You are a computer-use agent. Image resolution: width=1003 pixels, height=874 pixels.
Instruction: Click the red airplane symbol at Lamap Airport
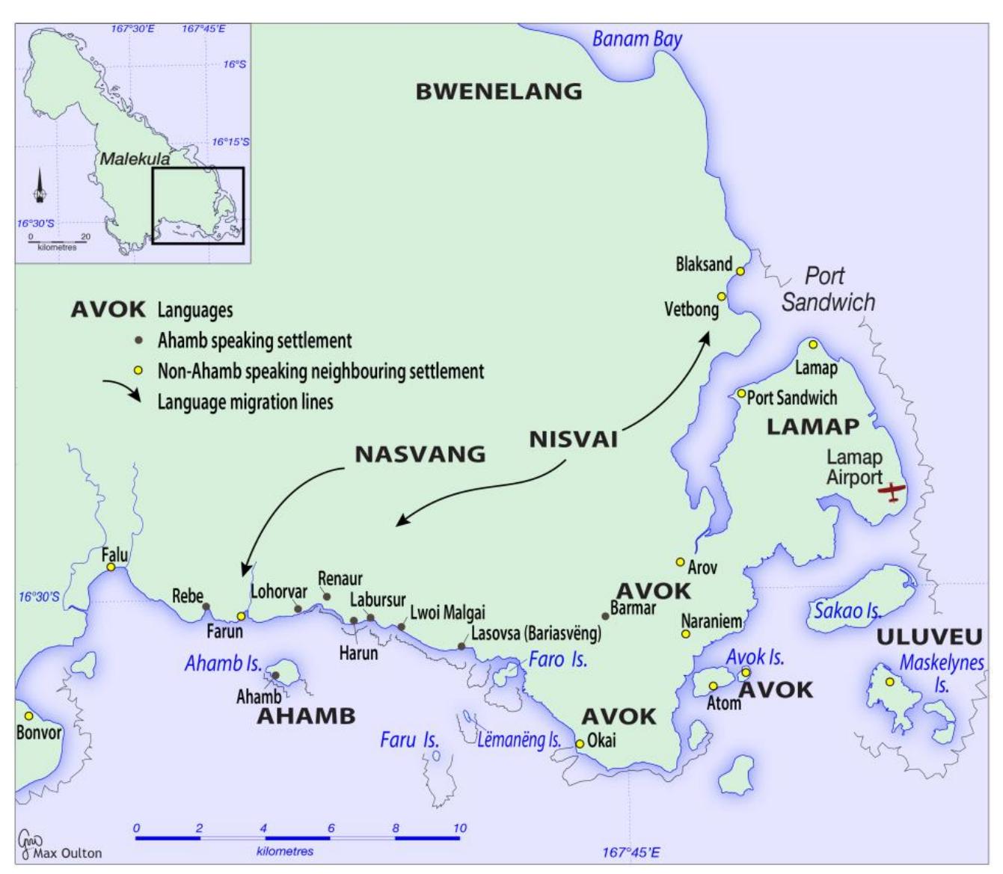pyautogui.click(x=892, y=491)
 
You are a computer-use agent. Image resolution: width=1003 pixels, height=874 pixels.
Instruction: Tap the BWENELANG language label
pyautogui.click(x=498, y=91)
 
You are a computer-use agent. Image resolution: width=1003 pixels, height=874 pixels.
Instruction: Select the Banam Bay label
pyautogui.click(x=637, y=39)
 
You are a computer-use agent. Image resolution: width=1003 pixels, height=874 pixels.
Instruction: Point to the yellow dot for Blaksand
pyautogui.click(x=740, y=271)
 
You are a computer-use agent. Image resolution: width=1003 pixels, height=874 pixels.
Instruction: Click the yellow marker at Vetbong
pyautogui.click(x=722, y=297)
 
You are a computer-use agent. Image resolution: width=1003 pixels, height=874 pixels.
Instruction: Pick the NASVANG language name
pyautogui.click(x=420, y=454)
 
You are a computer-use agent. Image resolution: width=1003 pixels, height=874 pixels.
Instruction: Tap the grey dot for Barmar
pyautogui.click(x=606, y=616)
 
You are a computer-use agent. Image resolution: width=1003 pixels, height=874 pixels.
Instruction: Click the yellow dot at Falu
pyautogui.click(x=111, y=567)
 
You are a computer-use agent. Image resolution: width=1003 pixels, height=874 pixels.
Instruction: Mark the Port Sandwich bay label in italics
pyautogui.click(x=827, y=289)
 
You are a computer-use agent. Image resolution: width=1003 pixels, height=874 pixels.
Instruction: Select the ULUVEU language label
pyautogui.click(x=928, y=637)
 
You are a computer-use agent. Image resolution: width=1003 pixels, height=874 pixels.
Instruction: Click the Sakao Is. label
pyautogui.click(x=847, y=611)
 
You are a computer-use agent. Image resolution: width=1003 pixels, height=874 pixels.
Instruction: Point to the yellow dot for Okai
pyautogui.click(x=580, y=743)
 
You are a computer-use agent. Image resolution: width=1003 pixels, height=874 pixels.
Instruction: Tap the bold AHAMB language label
pyautogui.click(x=306, y=715)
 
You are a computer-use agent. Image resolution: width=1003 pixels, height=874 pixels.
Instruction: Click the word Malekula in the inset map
pyautogui.click(x=135, y=159)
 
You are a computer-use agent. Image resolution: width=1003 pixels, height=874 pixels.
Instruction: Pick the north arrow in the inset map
pyautogui.click(x=40, y=187)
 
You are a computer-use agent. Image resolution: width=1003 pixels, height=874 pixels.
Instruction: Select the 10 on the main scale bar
pyautogui.click(x=459, y=828)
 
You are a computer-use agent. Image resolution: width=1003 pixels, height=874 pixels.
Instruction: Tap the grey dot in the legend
pyautogui.click(x=138, y=341)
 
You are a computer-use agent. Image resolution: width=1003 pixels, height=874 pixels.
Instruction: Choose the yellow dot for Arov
pyautogui.click(x=680, y=561)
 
